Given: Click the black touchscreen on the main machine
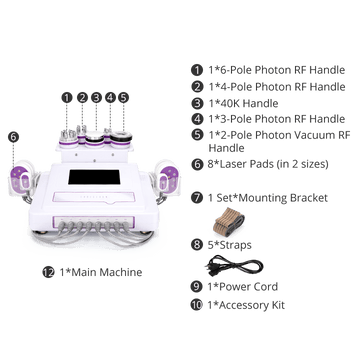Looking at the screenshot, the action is coord(94,177).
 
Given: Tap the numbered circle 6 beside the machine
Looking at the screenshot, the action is coord(13,137).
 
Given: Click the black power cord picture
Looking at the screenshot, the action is coord(235,266).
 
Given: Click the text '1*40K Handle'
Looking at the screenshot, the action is coord(243,103).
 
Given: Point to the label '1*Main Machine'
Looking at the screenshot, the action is coord(101,272).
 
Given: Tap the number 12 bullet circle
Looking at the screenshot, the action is coord(48,272).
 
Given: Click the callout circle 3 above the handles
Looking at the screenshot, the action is coord(96,98).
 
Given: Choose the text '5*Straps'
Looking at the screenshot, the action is coord(230,245).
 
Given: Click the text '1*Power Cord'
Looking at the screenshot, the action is coord(243,287).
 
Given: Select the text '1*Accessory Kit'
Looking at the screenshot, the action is coord(246,305).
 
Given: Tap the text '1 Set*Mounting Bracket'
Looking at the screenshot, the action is coord(268,198).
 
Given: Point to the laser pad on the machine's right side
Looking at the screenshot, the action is coord(167,180).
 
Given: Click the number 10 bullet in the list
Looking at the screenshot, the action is coord(197,305).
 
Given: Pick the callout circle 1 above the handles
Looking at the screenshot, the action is coord(67,98).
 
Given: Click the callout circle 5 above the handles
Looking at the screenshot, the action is coord(123,98).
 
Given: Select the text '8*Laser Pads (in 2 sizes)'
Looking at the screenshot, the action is coord(269,164).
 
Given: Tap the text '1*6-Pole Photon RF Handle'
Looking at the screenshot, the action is coord(277,70).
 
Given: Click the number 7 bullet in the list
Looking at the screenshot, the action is coord(197,198).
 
